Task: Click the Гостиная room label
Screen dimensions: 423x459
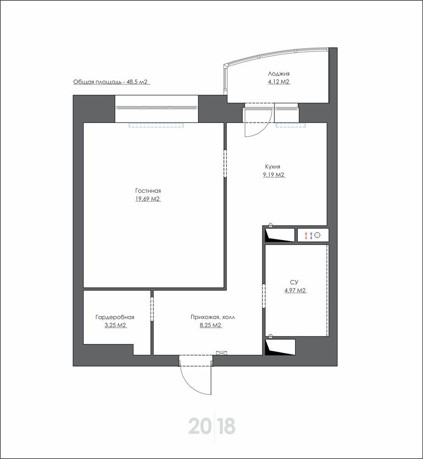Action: [x=148, y=191]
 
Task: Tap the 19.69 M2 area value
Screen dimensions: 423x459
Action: [x=148, y=199]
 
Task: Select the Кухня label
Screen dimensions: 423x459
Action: [x=273, y=167]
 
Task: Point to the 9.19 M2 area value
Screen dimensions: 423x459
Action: [x=274, y=175]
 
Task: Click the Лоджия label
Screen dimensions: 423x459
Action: [x=279, y=74]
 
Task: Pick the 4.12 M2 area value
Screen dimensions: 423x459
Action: [x=279, y=82]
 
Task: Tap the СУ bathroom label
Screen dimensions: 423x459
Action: [x=294, y=282]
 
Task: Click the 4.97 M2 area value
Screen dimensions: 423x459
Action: [x=295, y=291]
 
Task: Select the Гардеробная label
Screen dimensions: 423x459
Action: [x=115, y=317]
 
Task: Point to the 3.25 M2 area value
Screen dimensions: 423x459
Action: [x=115, y=325]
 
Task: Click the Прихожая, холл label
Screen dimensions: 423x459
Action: [x=213, y=317]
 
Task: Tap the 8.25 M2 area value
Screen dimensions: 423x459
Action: [x=211, y=325]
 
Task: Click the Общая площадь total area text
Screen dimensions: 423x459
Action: [x=110, y=82]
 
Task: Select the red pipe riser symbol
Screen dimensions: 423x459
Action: [x=306, y=235]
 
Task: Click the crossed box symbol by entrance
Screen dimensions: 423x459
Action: [x=221, y=353]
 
